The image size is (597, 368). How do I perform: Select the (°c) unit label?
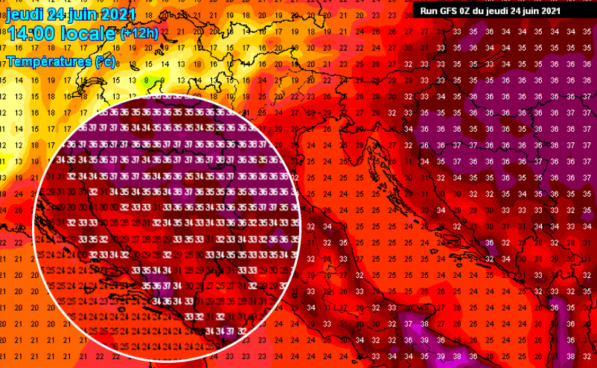click(105, 62)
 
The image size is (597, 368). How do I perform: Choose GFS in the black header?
click(448, 10)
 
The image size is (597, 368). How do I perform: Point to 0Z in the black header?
click(466, 10)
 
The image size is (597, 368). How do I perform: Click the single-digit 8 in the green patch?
click(146, 80)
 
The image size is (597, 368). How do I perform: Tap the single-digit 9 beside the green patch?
click(162, 80)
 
